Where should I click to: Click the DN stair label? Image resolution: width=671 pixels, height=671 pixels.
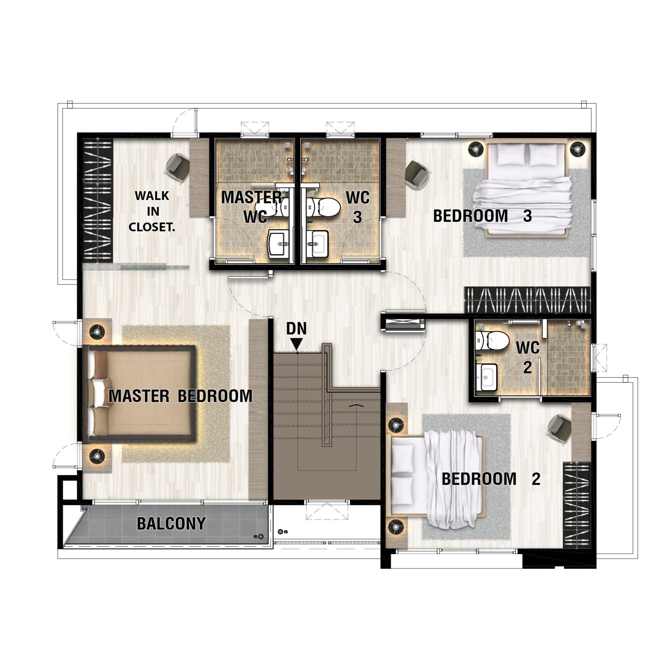[296, 329]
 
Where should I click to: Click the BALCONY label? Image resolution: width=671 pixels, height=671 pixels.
[171, 523]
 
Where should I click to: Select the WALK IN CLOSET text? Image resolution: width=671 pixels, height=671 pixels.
[152, 211]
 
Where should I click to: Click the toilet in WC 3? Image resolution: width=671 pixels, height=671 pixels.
[323, 206]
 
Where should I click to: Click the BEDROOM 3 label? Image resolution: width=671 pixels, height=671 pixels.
[482, 216]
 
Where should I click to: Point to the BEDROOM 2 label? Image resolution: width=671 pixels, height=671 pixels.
[491, 479]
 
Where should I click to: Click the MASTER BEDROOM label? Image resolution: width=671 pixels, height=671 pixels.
[180, 396]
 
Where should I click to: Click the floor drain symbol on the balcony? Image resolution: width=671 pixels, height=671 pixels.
[261, 537]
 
